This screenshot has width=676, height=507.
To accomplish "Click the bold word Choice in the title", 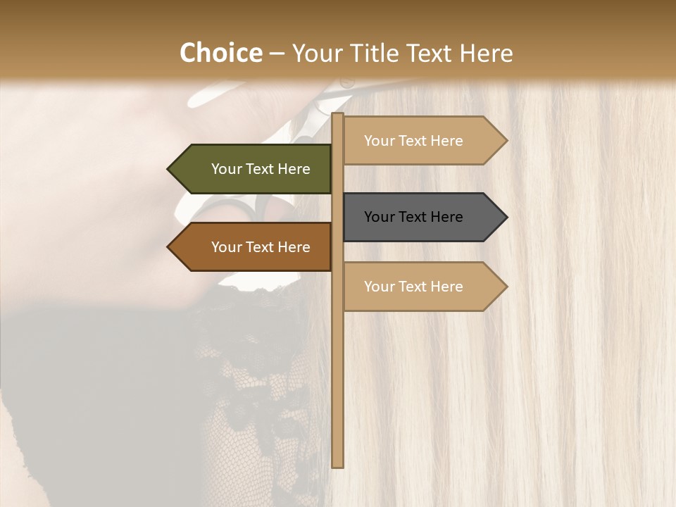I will [220, 54].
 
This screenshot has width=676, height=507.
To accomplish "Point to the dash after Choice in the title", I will [277, 54].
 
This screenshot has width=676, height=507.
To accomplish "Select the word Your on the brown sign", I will [227, 247].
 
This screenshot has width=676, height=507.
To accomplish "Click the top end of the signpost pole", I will [337, 115].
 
